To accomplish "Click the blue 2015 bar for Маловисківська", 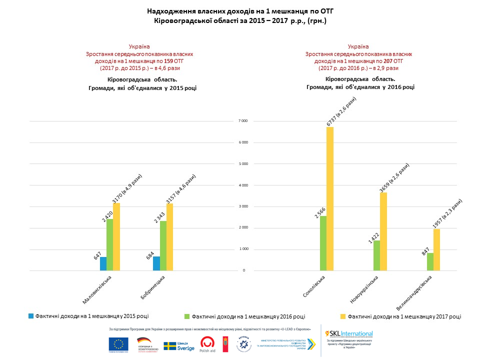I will pyautogui.click(x=103, y=263).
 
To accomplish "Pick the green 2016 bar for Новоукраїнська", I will pyautogui.click(x=376, y=255).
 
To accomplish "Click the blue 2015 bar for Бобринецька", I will pyautogui.click(x=156, y=263).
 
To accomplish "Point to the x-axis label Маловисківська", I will pyautogui.click(x=97, y=290).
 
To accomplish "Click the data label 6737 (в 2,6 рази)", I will pyautogui.click(x=341, y=111).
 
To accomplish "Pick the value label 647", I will pyautogui.click(x=97, y=255).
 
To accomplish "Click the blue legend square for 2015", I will pyautogui.click(x=31, y=316).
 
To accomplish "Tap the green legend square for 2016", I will pyautogui.click(x=187, y=316).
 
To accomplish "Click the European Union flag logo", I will pyautogui.click(x=118, y=344).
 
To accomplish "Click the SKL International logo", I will pyautogui.click(x=349, y=333).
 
